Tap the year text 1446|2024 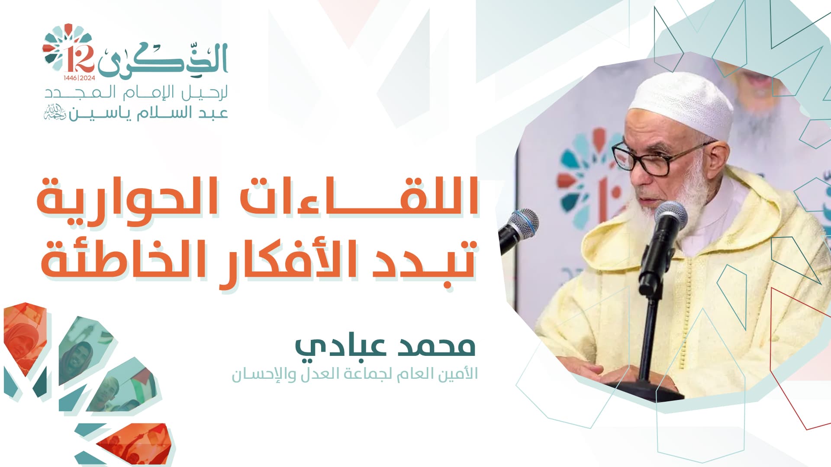(x=79, y=78)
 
